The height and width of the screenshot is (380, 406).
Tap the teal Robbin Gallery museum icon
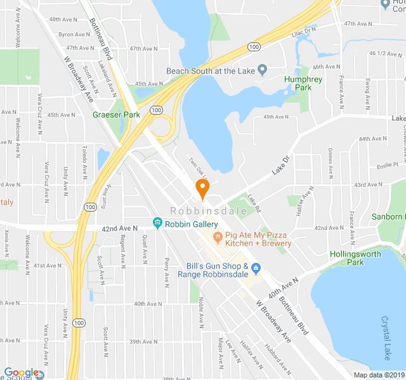coord(157,224)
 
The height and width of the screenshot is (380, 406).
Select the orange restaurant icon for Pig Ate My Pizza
coord(217,238)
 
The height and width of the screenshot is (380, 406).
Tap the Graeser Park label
coord(115,115)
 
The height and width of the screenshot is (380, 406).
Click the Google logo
coord(22,373)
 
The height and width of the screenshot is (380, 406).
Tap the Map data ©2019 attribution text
coord(378,374)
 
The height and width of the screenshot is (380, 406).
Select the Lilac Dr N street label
coord(304,30)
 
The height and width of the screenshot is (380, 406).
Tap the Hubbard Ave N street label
coord(278,358)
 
